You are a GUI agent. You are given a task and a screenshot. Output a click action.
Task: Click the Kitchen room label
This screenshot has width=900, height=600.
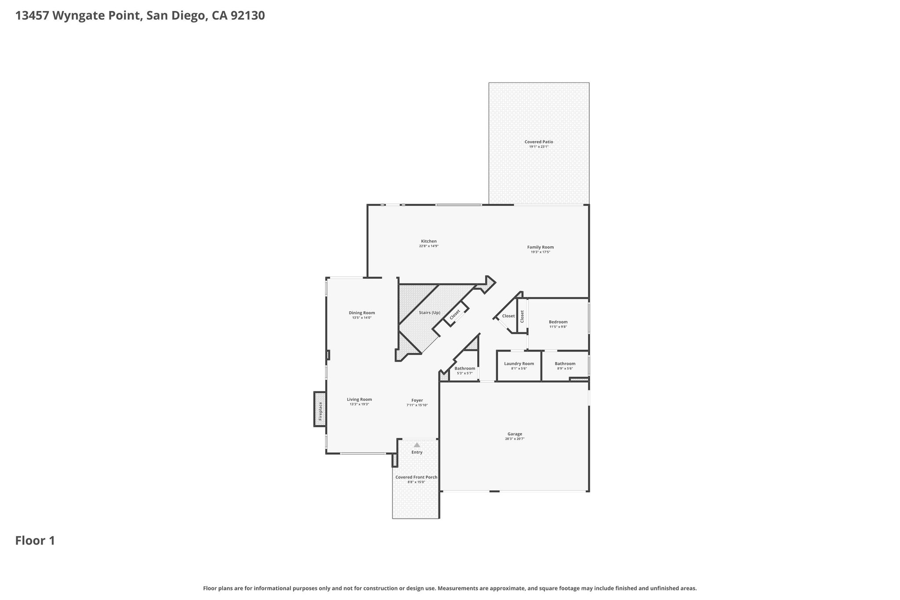429,241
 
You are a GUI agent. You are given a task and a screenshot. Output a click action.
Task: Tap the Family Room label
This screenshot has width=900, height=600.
541,247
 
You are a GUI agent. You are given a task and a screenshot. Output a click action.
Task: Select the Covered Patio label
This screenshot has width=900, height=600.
539,142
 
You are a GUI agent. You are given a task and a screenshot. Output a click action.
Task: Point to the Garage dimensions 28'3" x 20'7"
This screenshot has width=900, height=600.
515,439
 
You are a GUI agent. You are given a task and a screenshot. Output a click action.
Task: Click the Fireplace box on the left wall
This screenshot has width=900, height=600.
319,409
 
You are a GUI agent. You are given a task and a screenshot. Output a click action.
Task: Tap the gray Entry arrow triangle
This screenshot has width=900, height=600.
417,445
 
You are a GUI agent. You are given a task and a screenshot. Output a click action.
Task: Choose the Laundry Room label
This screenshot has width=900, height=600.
519,364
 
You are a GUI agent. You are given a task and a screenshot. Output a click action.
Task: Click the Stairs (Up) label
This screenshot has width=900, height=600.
429,313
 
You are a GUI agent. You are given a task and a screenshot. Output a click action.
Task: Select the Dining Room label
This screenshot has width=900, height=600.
362,313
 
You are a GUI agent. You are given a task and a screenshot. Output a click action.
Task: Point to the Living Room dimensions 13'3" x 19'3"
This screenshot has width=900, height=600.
359,404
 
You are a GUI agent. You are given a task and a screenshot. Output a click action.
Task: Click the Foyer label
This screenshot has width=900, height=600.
417,400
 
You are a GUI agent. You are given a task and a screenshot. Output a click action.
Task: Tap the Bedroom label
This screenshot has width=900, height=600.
558,322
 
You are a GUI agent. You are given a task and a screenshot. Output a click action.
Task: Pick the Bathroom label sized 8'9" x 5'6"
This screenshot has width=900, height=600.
565,364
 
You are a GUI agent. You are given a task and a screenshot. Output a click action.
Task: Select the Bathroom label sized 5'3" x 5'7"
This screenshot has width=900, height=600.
465,368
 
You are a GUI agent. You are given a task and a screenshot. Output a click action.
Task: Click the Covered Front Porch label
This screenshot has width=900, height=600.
416,477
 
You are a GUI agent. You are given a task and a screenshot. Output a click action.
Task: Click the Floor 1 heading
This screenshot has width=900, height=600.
35,541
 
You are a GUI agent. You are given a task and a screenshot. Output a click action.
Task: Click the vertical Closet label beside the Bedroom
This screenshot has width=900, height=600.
522,316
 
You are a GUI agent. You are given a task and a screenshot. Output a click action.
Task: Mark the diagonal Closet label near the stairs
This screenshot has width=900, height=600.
455,315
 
